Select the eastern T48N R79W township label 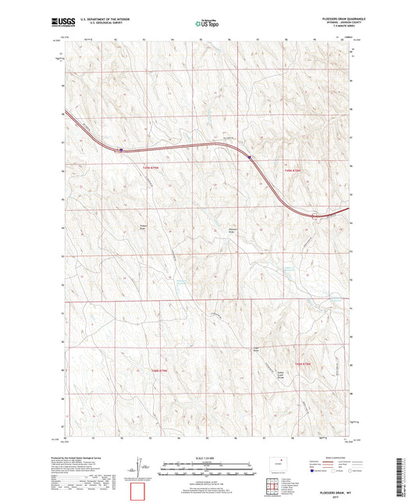coord(303,364)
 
